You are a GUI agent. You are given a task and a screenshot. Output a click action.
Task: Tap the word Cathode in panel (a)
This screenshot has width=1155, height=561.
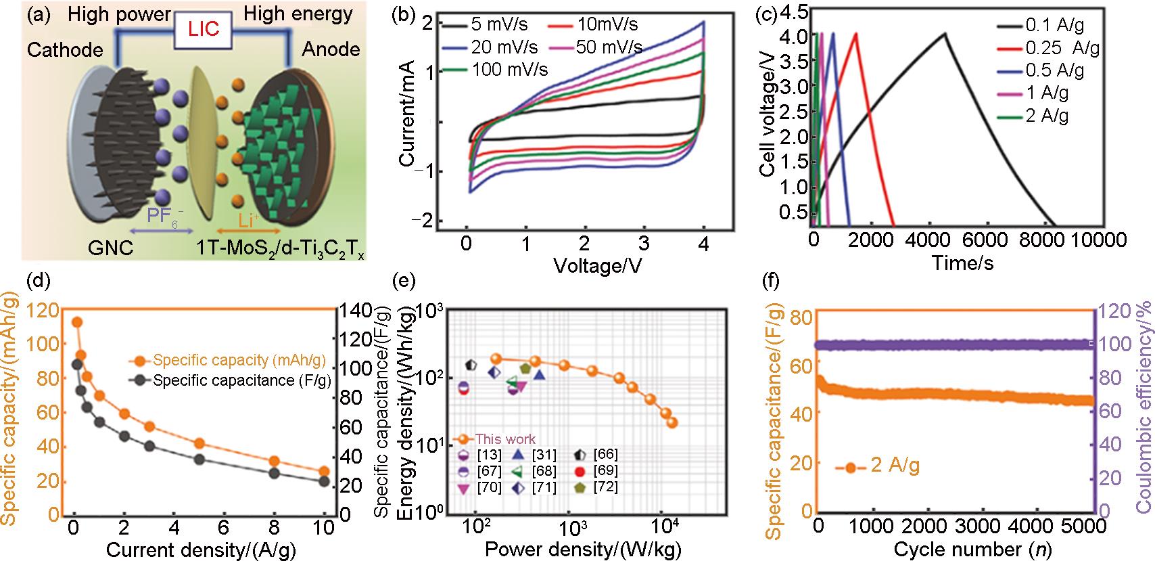pos(65,49)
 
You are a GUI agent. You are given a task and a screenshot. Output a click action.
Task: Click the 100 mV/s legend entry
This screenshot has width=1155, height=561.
pos(510,69)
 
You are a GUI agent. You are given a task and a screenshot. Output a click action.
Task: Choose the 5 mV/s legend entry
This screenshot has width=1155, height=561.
pos(500,25)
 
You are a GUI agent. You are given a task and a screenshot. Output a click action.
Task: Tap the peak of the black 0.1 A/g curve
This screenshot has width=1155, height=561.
pos(945,34)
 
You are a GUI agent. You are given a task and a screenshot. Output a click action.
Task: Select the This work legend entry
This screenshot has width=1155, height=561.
pos(505,439)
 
